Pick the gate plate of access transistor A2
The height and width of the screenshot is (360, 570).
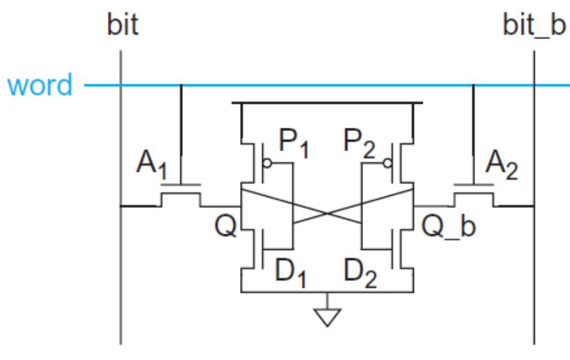474,185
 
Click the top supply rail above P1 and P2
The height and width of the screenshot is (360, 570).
327,103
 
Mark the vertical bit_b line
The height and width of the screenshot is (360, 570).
534,275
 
